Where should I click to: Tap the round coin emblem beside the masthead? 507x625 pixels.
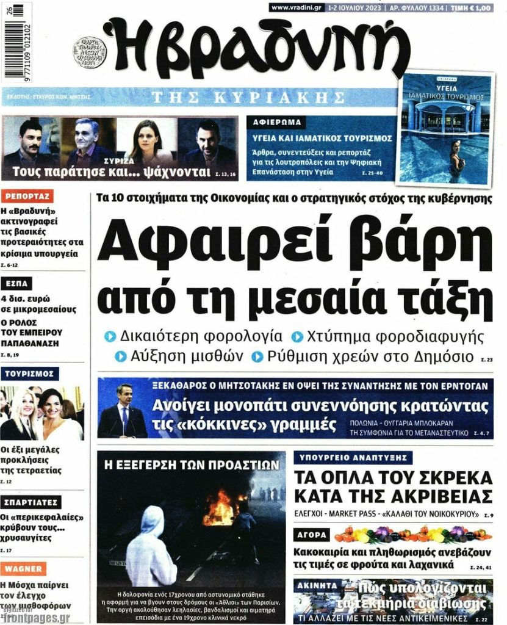coord(90,52)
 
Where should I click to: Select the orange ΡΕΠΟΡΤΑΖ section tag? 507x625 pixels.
coord(27,196)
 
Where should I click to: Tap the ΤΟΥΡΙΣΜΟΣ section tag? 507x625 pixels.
coord(30,373)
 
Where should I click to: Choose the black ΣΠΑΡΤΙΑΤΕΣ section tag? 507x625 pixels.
coord(31,502)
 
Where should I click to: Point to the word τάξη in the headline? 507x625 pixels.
coord(448,298)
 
